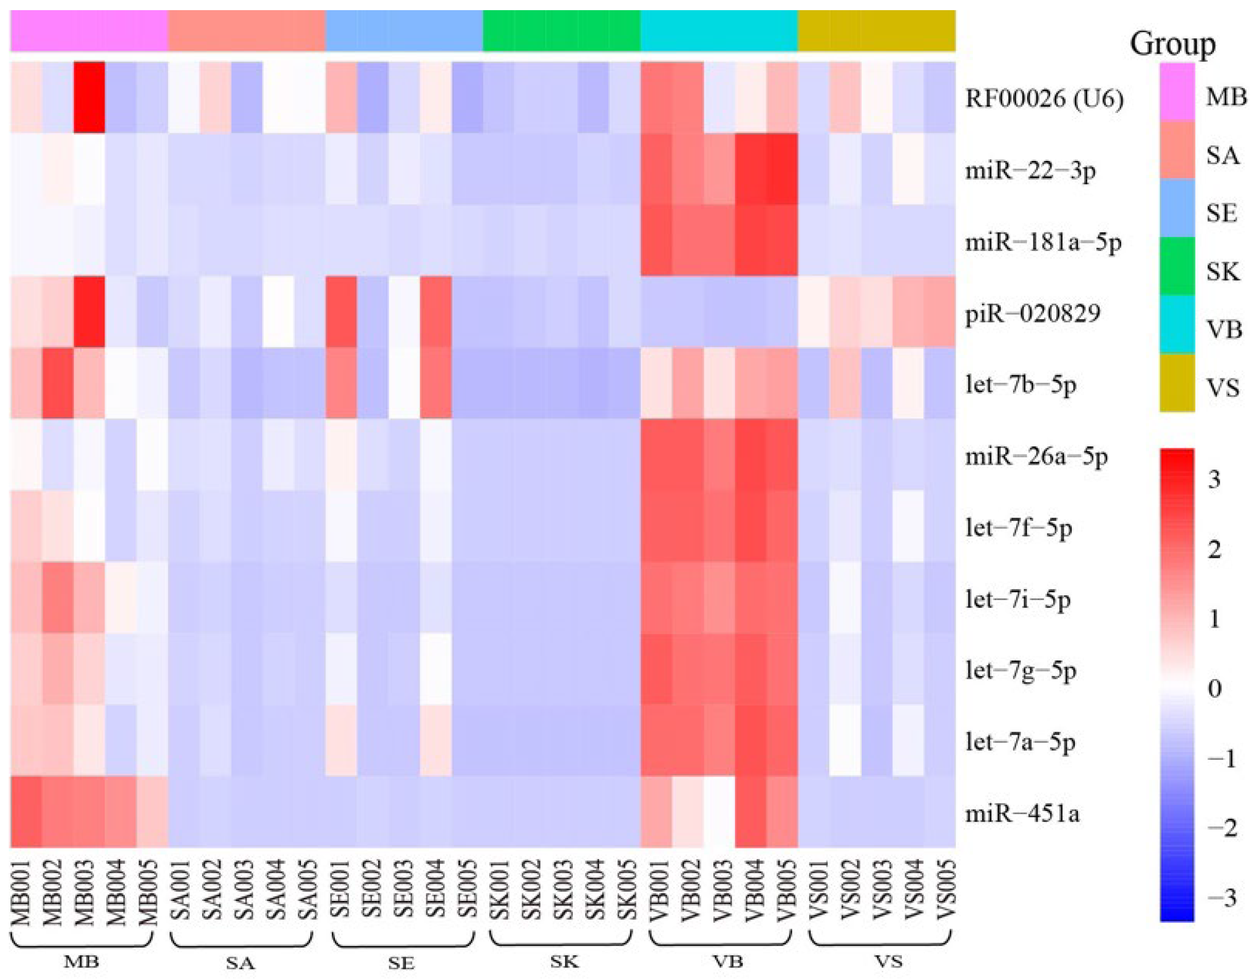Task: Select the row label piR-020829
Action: coord(1032,314)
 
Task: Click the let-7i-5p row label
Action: coord(1018,600)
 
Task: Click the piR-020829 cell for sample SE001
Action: coord(341,312)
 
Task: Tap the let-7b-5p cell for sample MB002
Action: coord(57,383)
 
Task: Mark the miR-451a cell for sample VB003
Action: coord(719,812)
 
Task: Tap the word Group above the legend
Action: coord(1172,44)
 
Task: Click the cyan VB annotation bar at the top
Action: coord(719,30)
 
